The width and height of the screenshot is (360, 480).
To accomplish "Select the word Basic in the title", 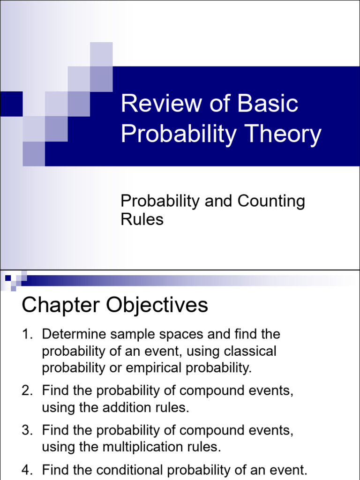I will click(x=268, y=104).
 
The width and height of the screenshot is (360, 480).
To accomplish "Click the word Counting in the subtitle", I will click(x=271, y=201).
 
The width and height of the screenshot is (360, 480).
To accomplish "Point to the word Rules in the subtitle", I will click(x=142, y=219).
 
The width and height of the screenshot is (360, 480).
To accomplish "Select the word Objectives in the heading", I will click(x=157, y=305).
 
